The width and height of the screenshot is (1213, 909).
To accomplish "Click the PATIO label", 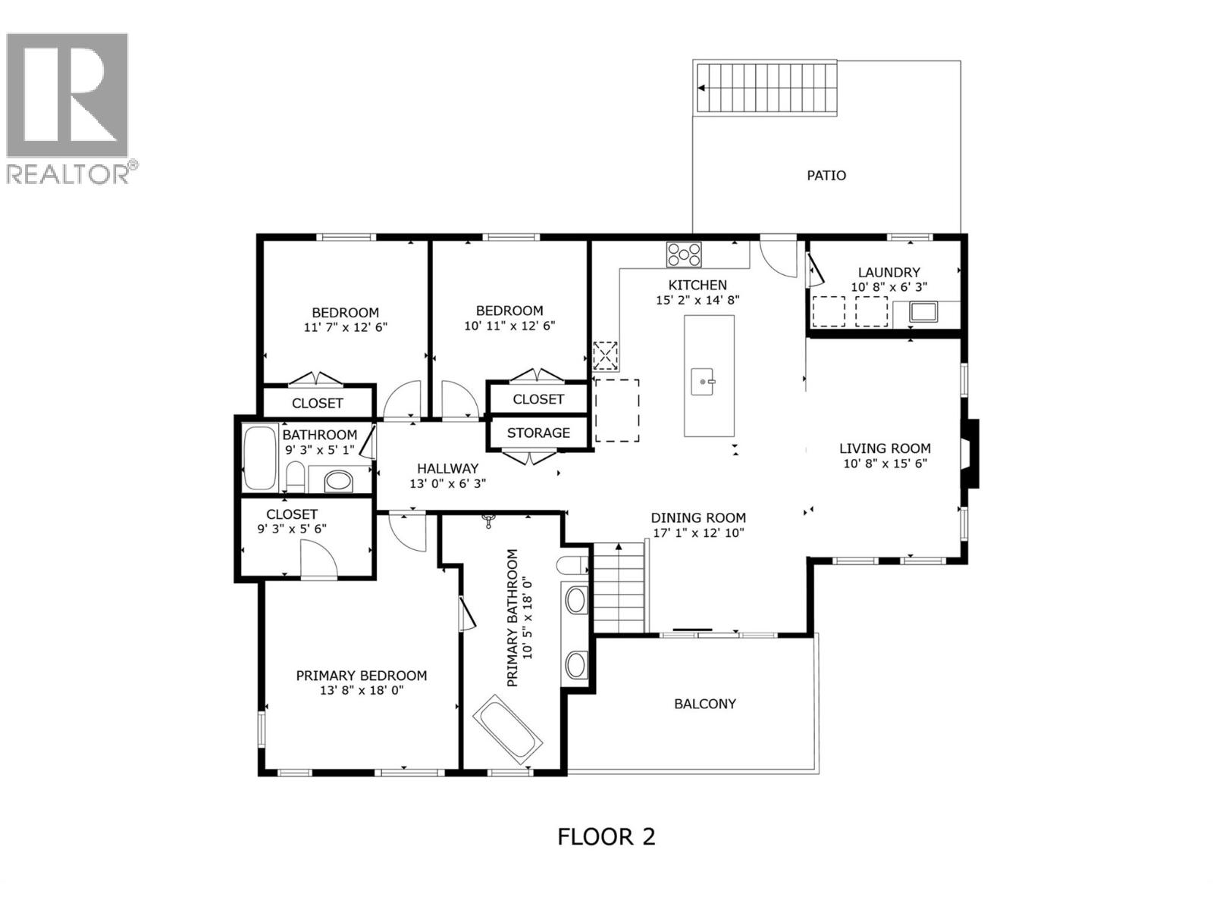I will coord(826,175).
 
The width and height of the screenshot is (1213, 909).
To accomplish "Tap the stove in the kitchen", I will coord(684,254).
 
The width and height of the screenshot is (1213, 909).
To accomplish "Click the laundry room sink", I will coord(924,311).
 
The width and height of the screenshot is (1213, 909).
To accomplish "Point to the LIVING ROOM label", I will coord(885,448).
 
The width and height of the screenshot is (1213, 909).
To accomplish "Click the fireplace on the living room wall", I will coord(971,453).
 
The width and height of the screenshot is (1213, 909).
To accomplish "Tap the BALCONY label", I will coord(704,703).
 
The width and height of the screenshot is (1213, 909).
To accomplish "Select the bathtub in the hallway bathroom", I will coord(260,458).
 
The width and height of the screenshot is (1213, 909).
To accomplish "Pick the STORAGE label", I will coord(538,433).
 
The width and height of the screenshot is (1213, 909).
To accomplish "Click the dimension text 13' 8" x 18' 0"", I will coord(362,690).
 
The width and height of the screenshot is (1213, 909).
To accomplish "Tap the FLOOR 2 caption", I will coord(606,836).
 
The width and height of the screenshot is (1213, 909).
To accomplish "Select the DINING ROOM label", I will coord(698,517).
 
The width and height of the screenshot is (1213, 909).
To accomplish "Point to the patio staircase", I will coord(766,89).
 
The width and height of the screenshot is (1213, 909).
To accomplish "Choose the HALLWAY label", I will coord(447,468).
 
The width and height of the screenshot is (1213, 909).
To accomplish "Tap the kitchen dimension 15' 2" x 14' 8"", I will coord(697,299).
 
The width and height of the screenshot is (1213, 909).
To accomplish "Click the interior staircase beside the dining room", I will coord(619,587).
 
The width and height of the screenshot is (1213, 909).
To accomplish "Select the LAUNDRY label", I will coord(889,272).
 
